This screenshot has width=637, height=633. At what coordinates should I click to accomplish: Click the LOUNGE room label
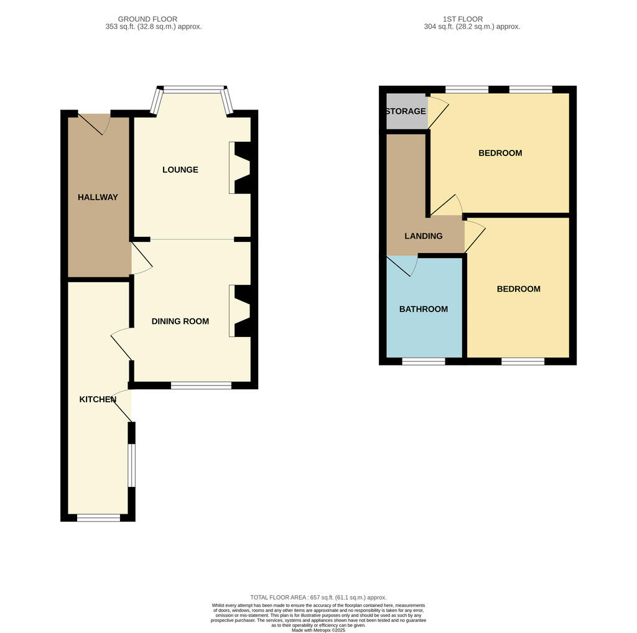tap(180, 170)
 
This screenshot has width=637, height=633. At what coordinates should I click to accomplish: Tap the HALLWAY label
tap(98, 197)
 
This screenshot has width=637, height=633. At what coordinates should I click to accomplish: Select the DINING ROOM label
tap(180, 321)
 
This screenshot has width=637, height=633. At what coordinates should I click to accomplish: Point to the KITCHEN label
tap(98, 400)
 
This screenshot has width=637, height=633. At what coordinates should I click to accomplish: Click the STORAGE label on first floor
tap(406, 111)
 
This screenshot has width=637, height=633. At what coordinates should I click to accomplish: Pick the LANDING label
tap(424, 236)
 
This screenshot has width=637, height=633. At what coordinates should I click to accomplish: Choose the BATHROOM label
tap(424, 310)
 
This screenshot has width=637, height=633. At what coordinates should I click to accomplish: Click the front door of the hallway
tap(95, 124)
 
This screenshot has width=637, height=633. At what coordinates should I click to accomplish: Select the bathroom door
tap(402, 266)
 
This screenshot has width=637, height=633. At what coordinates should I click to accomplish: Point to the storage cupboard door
tap(438, 112)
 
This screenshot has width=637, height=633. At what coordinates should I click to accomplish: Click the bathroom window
tap(424, 361)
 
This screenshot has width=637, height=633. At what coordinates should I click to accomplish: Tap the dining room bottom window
tap(201, 386)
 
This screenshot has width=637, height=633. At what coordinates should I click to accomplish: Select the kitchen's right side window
tap(132, 465)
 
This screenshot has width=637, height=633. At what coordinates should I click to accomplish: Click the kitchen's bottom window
tap(99, 518)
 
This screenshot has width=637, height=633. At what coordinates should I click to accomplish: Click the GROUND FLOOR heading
tap(147, 19)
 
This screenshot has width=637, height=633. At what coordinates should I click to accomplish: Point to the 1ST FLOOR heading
tap(463, 19)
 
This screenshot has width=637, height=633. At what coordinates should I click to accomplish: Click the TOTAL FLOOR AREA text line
tap(318, 598)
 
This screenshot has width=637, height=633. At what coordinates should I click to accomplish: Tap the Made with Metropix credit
tap(318, 630)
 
